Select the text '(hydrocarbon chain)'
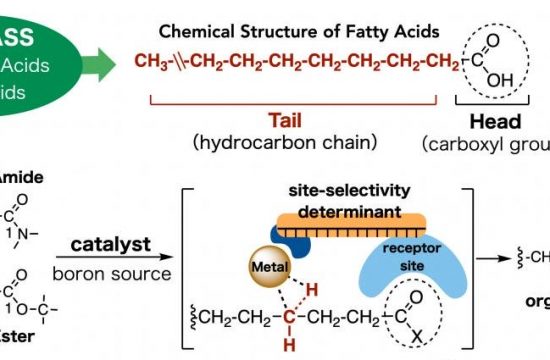pyautogui.click(x=293, y=141)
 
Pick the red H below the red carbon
pyautogui.click(x=290, y=349)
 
